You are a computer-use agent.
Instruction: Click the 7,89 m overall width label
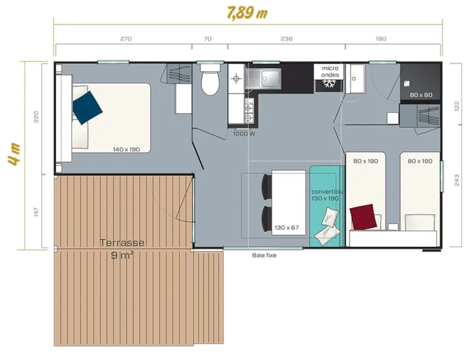click(248, 12)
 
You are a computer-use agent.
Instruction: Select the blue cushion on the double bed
click(88, 107)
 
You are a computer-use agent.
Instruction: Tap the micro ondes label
click(329, 72)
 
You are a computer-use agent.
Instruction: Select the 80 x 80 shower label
click(421, 95)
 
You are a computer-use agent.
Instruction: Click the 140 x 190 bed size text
click(126, 150)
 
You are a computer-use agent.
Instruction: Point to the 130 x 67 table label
click(286, 228)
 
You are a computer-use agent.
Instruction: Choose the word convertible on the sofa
click(327, 192)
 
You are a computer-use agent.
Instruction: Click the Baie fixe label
click(264, 256)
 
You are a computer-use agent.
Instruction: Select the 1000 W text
click(244, 134)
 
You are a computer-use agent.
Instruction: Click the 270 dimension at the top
click(126, 39)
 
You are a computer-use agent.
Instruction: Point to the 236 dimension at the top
click(286, 39)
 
